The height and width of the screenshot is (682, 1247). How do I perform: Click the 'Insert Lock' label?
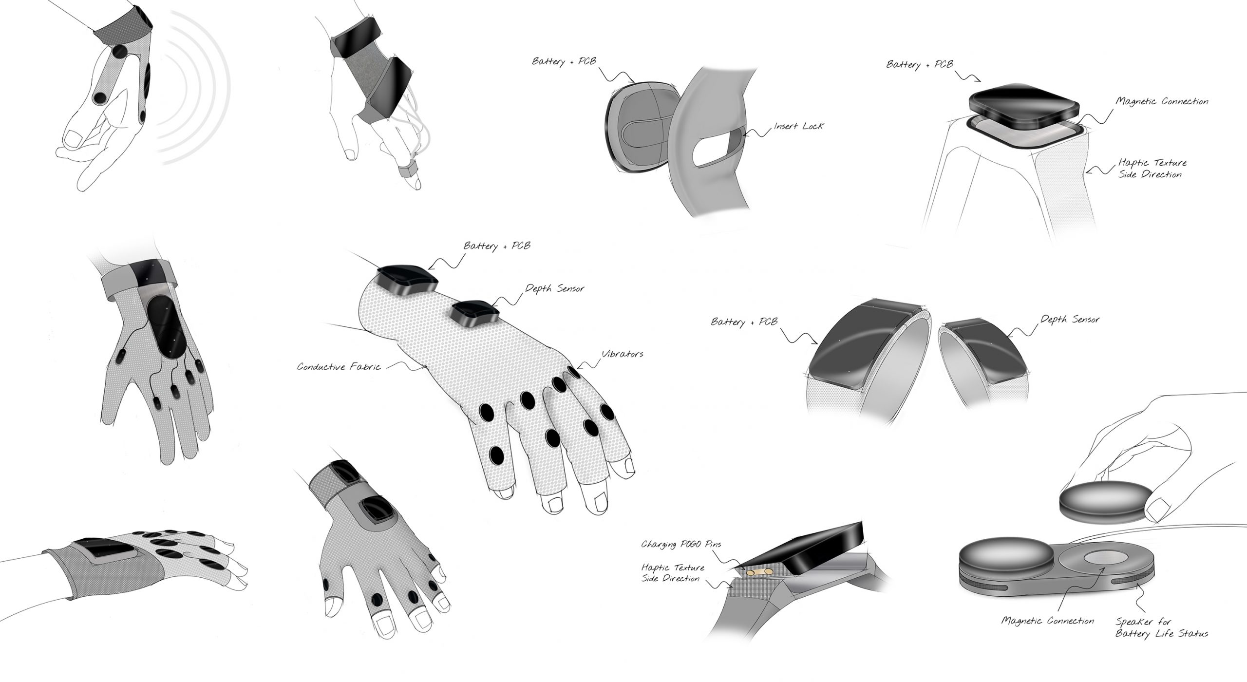click(x=799, y=127)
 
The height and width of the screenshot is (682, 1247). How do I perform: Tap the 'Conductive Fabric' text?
click(x=339, y=367)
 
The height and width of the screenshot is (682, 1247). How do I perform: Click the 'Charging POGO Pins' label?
click(x=680, y=544)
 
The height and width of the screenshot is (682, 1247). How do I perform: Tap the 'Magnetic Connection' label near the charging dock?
click(x=1048, y=621)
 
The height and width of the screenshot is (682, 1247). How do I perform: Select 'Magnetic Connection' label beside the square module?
click(x=1162, y=102)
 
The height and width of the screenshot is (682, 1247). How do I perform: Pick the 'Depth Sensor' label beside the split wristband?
click(x=1070, y=320)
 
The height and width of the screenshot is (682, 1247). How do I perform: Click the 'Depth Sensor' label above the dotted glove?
click(x=554, y=289)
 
